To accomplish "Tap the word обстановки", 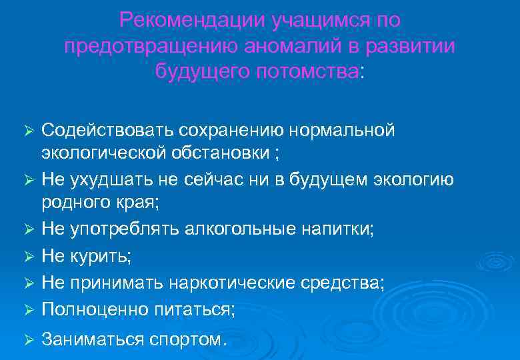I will (x=223, y=153).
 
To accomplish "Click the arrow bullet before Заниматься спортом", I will (x=28, y=339).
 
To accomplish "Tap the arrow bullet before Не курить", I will (x=28, y=257).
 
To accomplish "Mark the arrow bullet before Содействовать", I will (x=28, y=130).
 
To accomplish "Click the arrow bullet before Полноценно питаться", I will (x=28, y=309).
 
